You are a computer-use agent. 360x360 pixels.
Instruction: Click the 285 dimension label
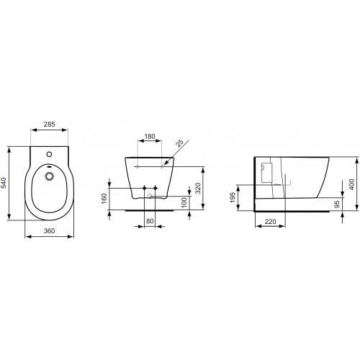coord(50,124)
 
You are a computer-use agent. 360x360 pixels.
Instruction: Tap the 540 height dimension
coord(4,183)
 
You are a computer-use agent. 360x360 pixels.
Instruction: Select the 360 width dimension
coord(49,230)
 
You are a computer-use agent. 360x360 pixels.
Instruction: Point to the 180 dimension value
coord(150,136)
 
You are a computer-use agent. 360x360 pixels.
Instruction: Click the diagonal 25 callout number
coord(179,143)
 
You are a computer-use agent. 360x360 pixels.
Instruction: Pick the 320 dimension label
coord(197,188)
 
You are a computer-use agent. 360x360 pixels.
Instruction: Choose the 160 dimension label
coord(104,199)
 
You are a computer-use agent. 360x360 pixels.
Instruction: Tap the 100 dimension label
coord(184,203)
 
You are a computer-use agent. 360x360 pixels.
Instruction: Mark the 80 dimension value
coord(150,220)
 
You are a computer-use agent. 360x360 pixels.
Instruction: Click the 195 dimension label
coord(233,197)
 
